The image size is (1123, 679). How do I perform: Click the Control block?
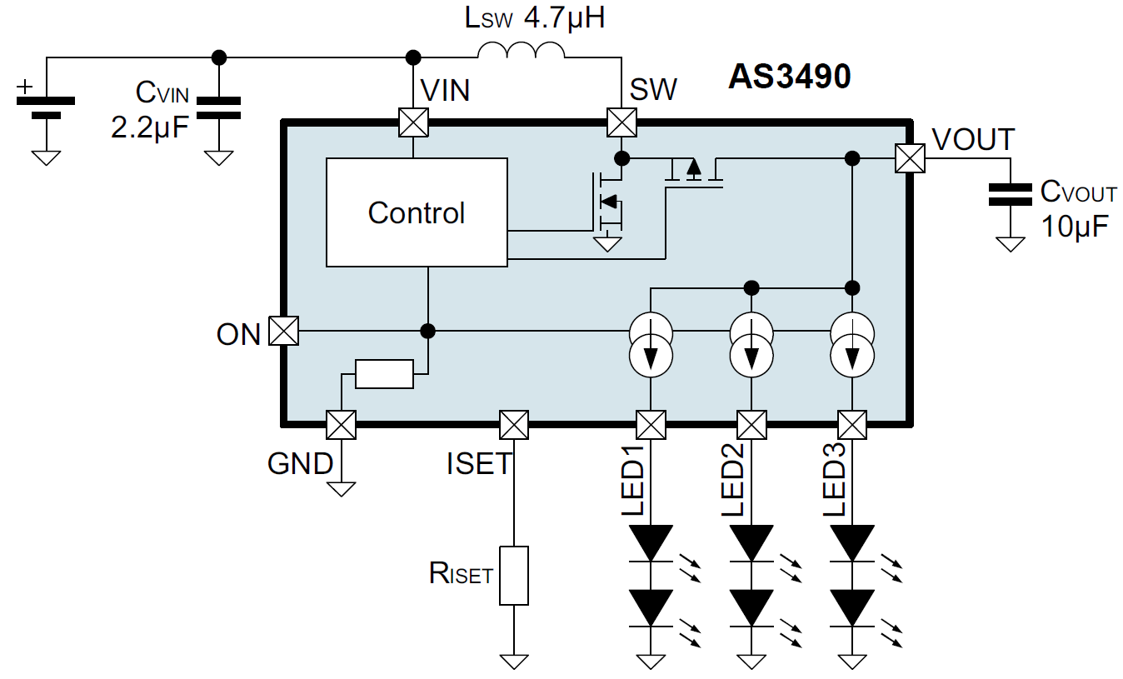(x=417, y=212)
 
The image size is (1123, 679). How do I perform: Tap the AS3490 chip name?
(x=790, y=77)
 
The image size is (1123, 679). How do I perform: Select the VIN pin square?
(x=413, y=122)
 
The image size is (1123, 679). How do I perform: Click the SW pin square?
(x=621, y=122)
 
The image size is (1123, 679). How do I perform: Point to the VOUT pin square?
(x=910, y=158)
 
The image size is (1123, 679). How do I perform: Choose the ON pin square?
(x=284, y=332)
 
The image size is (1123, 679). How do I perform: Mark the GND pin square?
(x=341, y=425)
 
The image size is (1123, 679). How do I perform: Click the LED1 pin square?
(x=651, y=425)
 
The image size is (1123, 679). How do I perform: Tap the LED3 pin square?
(x=852, y=425)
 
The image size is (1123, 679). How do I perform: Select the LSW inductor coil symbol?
(x=522, y=52)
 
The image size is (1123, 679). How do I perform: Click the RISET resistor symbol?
(x=514, y=576)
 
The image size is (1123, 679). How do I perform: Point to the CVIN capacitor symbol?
(x=219, y=107)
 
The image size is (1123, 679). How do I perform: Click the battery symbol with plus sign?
(x=46, y=107)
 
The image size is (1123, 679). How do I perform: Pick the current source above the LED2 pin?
(x=751, y=343)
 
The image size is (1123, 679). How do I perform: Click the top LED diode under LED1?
(x=651, y=544)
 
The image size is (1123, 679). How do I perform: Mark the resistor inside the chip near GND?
(x=384, y=374)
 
